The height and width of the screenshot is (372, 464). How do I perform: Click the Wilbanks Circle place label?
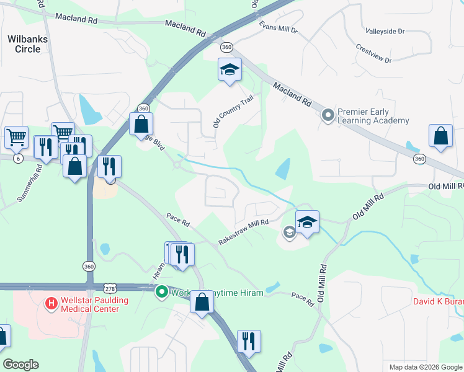tap(27, 43)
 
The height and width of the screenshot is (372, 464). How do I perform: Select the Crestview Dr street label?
tap(374, 54)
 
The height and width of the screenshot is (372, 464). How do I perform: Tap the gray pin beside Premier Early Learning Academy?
tap(328, 115)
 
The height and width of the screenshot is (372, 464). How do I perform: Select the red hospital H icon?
tap(51, 304)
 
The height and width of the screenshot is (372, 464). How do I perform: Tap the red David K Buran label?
tap(438, 303)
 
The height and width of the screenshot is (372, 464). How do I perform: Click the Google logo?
tap(20, 365)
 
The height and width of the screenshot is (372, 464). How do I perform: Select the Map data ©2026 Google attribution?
tap(425, 367)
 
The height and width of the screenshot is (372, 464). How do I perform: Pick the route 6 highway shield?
tap(18, 159)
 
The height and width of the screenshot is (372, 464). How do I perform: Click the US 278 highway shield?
tap(110, 288)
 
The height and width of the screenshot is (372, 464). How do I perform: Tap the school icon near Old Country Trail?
tap(229, 69)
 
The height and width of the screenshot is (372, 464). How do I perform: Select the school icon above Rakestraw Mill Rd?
tap(307, 222)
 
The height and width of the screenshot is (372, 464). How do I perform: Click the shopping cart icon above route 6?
tap(16, 136)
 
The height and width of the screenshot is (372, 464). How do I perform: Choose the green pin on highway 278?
tap(162, 291)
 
